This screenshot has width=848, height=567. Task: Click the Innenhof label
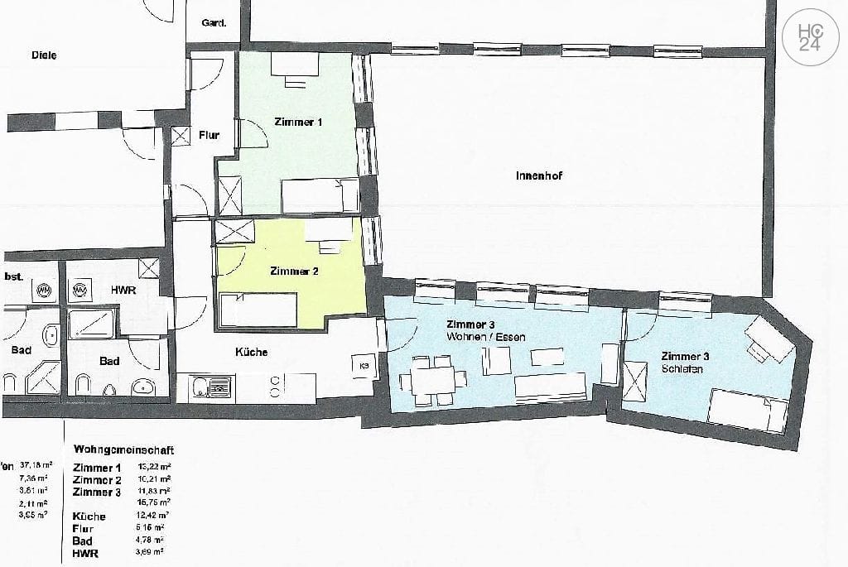tap(539, 176)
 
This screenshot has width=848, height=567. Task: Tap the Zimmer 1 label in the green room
tap(297, 123)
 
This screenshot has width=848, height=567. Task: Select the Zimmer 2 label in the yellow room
tap(294, 271)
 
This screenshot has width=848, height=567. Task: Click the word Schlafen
tap(682, 369)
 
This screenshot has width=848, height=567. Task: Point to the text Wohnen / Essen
tap(485, 338)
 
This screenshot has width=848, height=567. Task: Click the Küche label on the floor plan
tap(251, 352)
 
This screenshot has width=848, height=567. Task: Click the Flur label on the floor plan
tap(209, 135)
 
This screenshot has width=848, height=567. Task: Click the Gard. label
tap(214, 23)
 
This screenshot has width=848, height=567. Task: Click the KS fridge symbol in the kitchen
tap(364, 365)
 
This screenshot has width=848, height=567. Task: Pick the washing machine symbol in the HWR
tap(81, 291)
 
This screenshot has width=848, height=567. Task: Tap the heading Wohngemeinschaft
tap(123, 450)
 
